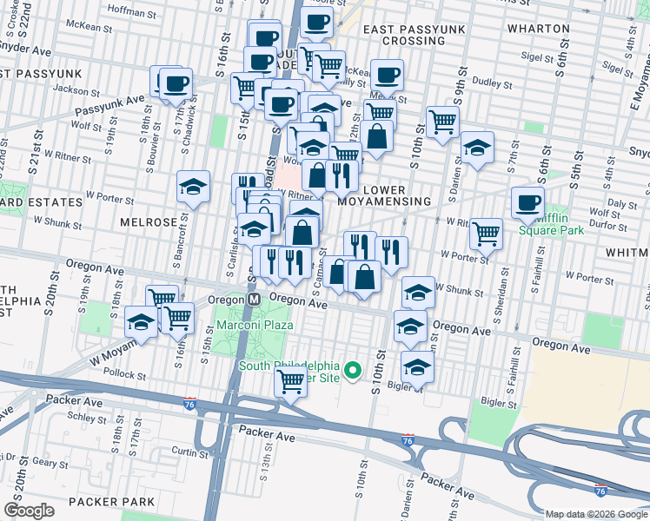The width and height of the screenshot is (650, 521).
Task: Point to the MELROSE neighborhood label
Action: [x=148, y=221]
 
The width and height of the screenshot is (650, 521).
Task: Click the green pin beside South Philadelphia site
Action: [x=353, y=371]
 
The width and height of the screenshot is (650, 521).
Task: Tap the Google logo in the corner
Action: [x=29, y=511]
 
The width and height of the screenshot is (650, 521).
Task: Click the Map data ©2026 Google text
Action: [x=595, y=514]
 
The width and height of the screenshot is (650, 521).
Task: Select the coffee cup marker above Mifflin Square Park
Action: [x=527, y=203]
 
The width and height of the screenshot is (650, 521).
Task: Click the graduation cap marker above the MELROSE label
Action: [x=194, y=186]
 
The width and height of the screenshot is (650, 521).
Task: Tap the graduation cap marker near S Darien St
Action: [x=477, y=148]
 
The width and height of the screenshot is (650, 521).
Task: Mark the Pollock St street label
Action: [x=123, y=374]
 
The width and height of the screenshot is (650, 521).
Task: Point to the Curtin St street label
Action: [x=189, y=452]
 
